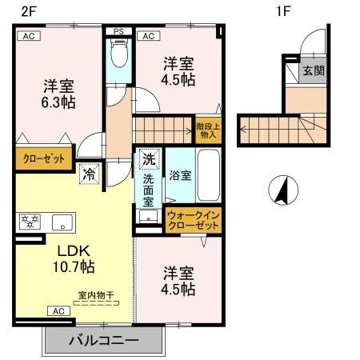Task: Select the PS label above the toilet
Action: (x=118, y=33)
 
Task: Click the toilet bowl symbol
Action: (x=118, y=55)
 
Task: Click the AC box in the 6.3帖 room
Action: (x=27, y=36)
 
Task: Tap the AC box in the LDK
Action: (x=58, y=310)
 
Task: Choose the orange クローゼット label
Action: (x=43, y=158)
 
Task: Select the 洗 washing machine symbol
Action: (x=148, y=159)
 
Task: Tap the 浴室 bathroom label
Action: (x=179, y=175)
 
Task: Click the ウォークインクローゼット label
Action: (x=193, y=221)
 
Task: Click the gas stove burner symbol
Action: (x=30, y=222)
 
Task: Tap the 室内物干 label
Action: (x=96, y=295)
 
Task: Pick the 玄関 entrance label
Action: (x=311, y=70)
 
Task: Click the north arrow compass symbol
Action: (x=282, y=191)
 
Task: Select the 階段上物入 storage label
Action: (x=206, y=130)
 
